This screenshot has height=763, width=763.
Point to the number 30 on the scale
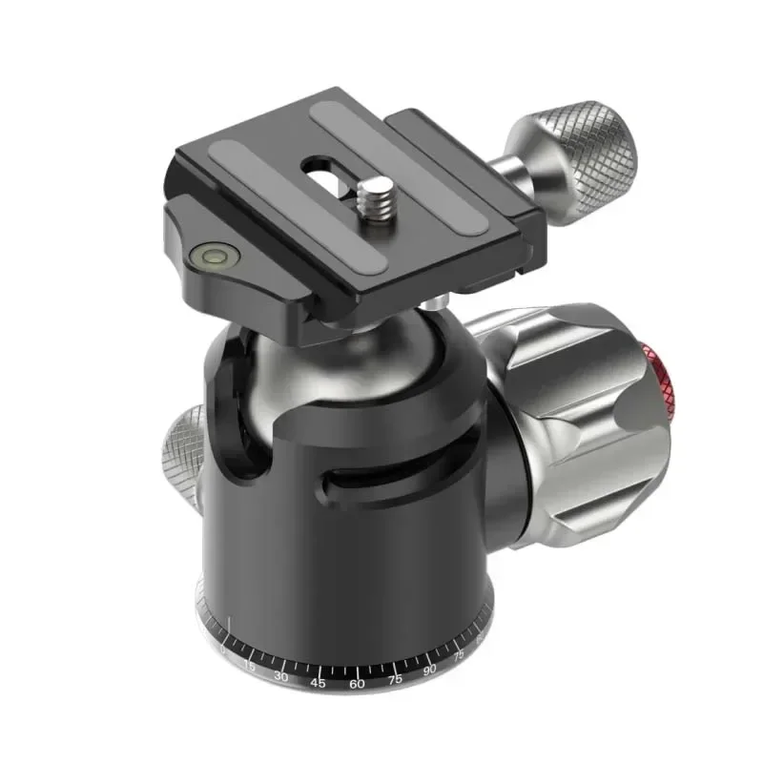point(281,676)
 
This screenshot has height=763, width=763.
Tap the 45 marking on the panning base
point(319,683)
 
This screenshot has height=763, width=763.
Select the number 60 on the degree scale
point(357,685)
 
